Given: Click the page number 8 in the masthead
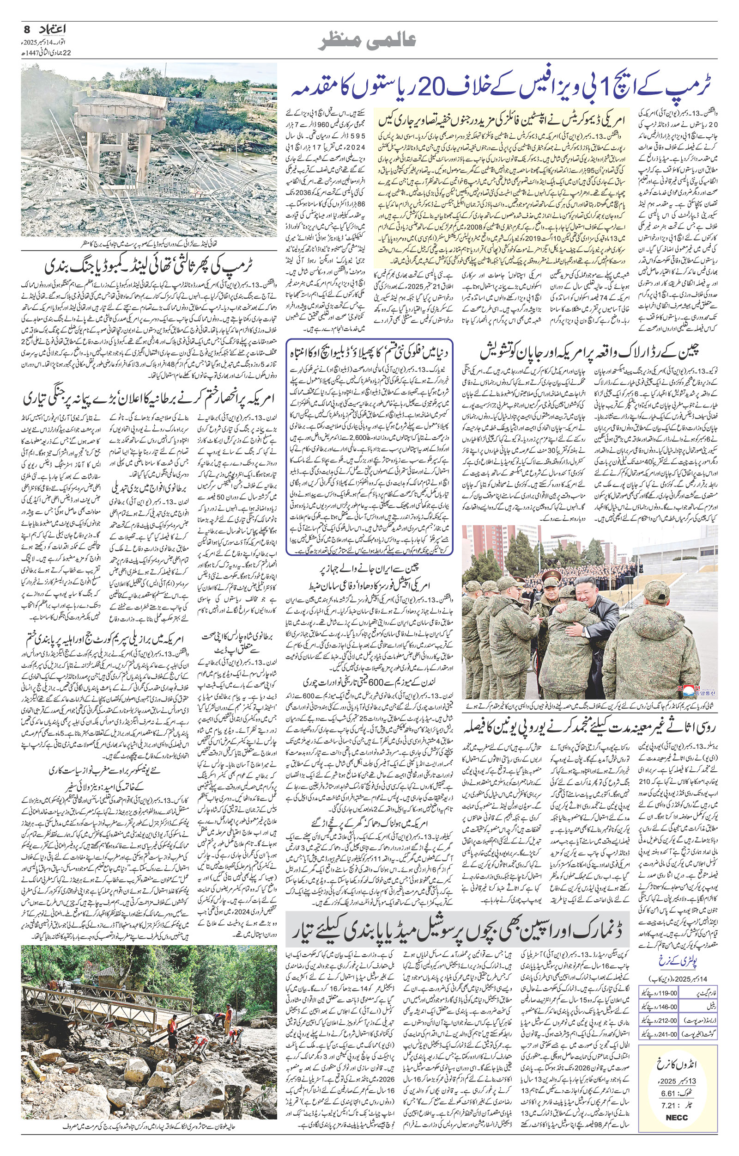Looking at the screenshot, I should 26,30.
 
